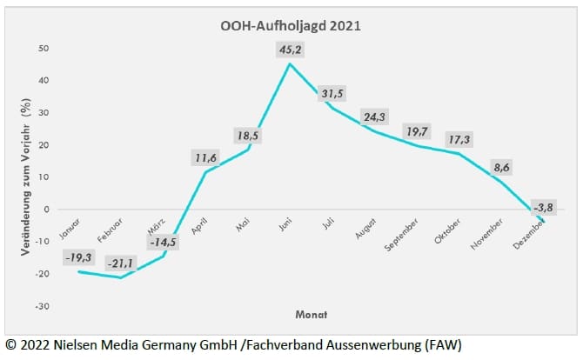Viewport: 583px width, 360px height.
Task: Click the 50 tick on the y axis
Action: click(44, 48)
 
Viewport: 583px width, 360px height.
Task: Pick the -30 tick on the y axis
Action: click(42, 306)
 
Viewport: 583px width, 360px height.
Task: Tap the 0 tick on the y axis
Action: click(46, 210)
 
